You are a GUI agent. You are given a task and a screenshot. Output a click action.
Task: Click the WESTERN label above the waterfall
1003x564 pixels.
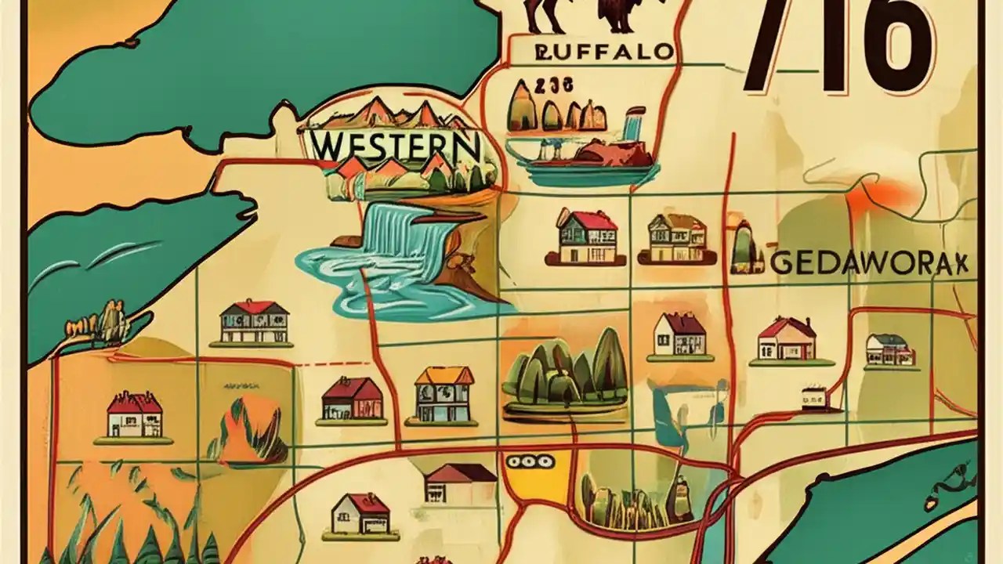(x=396, y=145)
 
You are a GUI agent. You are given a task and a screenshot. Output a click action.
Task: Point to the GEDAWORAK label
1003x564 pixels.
(x=869, y=263)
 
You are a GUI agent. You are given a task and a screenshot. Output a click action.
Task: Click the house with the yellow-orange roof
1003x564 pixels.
(x=444, y=395)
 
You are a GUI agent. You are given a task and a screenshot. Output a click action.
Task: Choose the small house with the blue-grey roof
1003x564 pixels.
(x=889, y=350)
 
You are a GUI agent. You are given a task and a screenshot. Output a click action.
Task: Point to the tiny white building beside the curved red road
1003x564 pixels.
(x=815, y=397)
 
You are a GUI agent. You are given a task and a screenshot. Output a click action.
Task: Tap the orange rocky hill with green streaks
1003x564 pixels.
(x=249, y=429)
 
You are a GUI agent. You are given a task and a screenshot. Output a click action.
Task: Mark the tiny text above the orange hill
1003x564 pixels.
(x=241, y=386)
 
